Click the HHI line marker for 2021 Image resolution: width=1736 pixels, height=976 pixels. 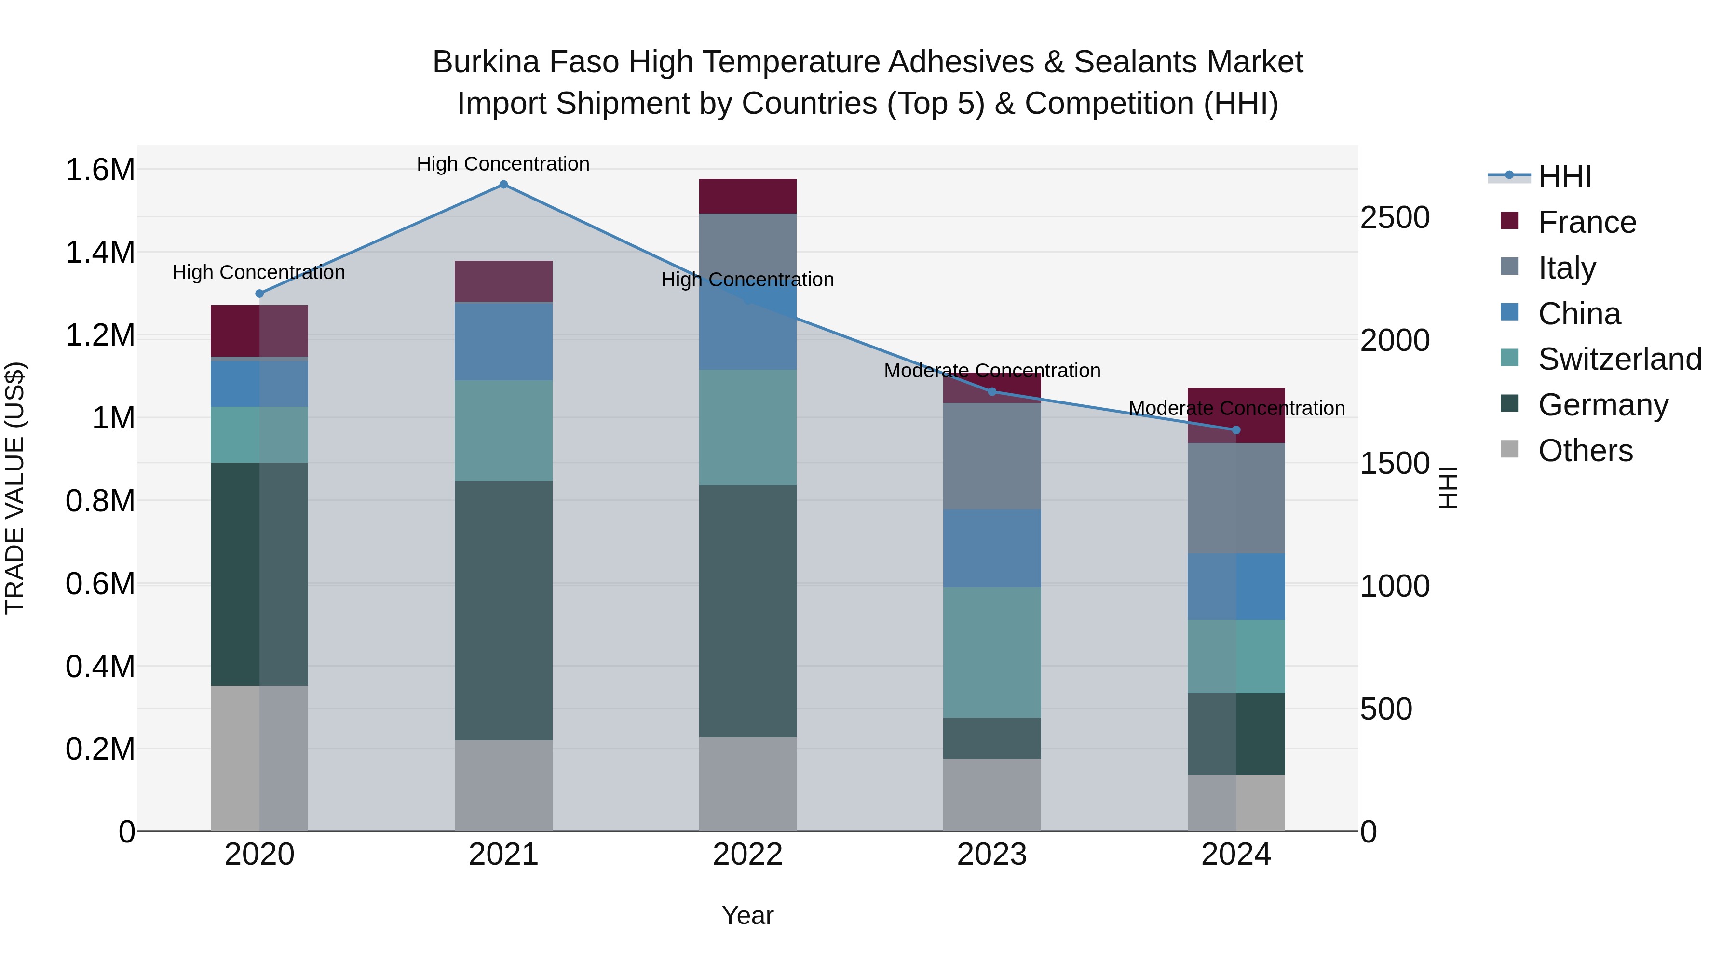click(x=503, y=185)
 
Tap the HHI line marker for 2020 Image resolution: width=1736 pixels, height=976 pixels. click(x=259, y=294)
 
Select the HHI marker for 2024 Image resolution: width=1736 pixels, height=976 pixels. click(x=1236, y=430)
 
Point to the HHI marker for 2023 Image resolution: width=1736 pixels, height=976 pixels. click(x=992, y=391)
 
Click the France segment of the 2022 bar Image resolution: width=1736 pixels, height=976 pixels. click(x=747, y=196)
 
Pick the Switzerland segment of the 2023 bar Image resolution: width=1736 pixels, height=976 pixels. click(x=992, y=652)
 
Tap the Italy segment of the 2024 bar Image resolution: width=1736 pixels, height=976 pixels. click(x=1236, y=498)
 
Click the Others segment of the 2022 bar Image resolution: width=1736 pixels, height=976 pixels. click(x=747, y=784)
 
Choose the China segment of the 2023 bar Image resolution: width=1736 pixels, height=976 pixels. click(x=992, y=548)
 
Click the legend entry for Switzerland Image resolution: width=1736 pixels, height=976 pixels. click(x=1619, y=359)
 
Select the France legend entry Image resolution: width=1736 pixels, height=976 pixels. click(x=1587, y=222)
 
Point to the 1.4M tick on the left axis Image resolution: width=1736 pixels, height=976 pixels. click(x=100, y=253)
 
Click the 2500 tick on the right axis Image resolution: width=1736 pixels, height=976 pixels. click(x=1394, y=217)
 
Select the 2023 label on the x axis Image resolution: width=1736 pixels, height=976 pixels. click(x=992, y=855)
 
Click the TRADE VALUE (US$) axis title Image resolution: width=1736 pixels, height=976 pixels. click(x=15, y=488)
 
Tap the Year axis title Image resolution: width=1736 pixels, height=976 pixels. click(x=747, y=915)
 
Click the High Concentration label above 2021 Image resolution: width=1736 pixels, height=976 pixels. click(x=503, y=164)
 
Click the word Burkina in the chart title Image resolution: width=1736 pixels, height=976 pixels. click(x=486, y=62)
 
